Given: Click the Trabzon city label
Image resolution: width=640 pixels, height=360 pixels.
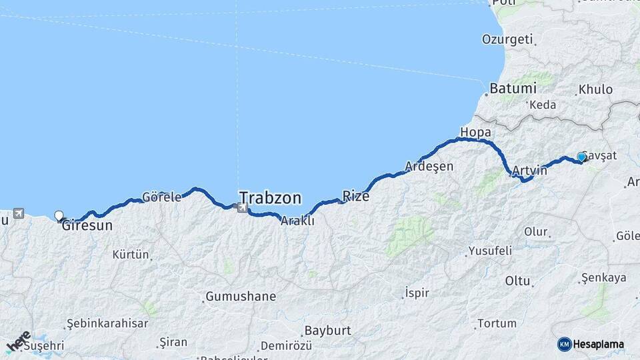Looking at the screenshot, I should pyautogui.click(x=270, y=198).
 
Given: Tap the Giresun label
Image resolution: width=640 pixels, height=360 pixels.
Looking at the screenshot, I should pyautogui.click(x=87, y=226).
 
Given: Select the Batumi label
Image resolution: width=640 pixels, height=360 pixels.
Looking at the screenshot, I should pyautogui.click(x=513, y=88).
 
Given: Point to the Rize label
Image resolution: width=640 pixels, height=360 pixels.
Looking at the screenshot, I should pyautogui.click(x=355, y=196).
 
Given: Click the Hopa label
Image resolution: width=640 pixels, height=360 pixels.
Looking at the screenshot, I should pyautogui.click(x=475, y=132).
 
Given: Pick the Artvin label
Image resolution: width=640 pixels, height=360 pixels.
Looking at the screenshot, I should pyautogui.click(x=530, y=171).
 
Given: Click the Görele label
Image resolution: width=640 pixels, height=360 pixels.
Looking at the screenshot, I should pyautogui.click(x=161, y=197).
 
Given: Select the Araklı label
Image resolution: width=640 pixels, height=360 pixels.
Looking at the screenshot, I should pyautogui.click(x=297, y=221).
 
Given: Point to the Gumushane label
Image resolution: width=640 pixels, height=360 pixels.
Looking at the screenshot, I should pyautogui.click(x=241, y=296).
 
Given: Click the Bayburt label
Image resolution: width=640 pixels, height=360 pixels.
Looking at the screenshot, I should pyautogui.click(x=327, y=331).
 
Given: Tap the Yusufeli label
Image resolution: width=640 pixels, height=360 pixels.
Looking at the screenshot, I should pyautogui.click(x=490, y=251).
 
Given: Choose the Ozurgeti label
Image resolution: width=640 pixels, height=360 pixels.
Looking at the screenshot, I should pyautogui.click(x=507, y=39).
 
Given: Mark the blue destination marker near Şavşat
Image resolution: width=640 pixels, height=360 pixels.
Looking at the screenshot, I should pyautogui.click(x=581, y=157).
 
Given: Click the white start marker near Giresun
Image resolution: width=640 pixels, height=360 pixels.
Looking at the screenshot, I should pyautogui.click(x=59, y=215).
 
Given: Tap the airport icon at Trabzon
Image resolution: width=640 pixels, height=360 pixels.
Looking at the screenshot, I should pyautogui.click(x=241, y=208).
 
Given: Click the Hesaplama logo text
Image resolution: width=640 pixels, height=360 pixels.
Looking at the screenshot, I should pyautogui.click(x=598, y=344).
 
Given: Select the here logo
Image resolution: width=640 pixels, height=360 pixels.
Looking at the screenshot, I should pyautogui.click(x=18, y=341).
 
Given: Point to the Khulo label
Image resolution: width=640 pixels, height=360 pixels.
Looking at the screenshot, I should pyautogui.click(x=595, y=89).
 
